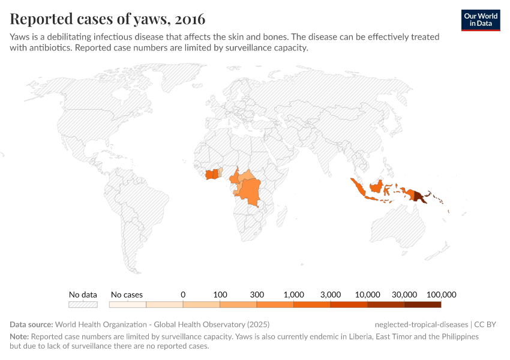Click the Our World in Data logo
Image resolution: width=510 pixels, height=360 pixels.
480,20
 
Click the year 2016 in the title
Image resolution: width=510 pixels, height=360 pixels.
190,19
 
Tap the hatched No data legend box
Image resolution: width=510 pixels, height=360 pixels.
83,304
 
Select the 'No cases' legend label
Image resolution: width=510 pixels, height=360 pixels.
127,295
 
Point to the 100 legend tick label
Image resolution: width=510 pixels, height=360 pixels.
220,295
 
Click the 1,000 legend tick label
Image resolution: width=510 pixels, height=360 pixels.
294,295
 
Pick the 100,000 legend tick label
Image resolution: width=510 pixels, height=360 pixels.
442,295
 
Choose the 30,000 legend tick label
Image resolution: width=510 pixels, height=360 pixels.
404,295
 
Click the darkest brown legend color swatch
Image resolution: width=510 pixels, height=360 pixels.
422,304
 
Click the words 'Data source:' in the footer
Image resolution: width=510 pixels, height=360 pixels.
31,325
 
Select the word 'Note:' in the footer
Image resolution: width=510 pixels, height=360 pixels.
19,337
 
